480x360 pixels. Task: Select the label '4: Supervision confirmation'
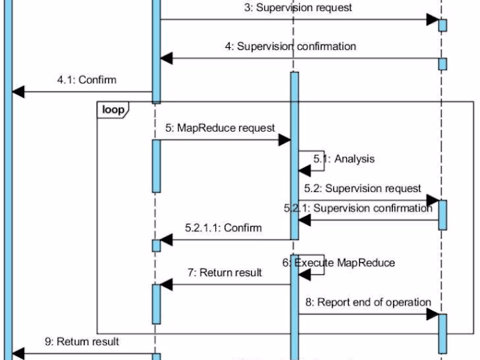(290, 47)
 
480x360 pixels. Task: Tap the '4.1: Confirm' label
(86, 80)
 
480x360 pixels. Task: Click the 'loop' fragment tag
(112, 109)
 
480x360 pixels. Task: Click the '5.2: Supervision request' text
(363, 188)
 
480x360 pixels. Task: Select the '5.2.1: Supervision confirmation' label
(359, 208)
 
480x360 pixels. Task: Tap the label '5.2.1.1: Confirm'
(224, 227)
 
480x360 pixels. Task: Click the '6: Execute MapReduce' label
(339, 263)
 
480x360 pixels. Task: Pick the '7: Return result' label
(225, 273)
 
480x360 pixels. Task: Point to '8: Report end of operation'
(368, 302)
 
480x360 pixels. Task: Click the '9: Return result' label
(82, 341)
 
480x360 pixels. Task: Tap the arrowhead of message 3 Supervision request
(432, 20)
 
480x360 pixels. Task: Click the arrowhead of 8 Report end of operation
(432, 314)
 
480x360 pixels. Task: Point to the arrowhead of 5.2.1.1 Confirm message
(165, 240)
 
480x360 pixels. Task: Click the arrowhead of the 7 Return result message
(165, 285)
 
